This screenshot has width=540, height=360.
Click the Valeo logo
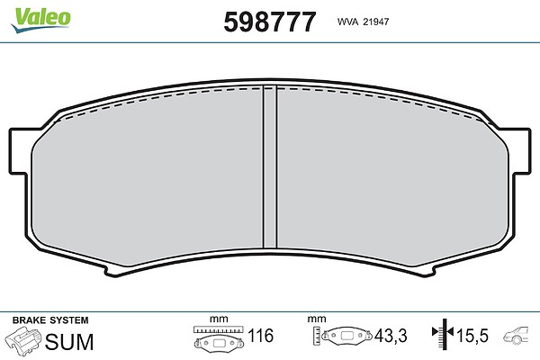click(x=40, y=20)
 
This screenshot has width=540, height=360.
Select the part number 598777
click(x=270, y=22)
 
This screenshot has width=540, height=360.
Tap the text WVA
click(x=347, y=22)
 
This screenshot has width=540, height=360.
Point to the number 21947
click(x=376, y=22)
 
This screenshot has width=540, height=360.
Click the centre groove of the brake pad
click(x=270, y=166)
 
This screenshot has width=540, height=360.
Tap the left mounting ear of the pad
click(x=18, y=151)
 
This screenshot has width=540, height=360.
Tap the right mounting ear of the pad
click(x=521, y=151)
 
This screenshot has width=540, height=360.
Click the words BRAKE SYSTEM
click(x=50, y=320)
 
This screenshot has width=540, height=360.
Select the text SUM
click(x=69, y=342)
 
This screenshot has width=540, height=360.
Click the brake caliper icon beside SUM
click(x=23, y=339)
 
